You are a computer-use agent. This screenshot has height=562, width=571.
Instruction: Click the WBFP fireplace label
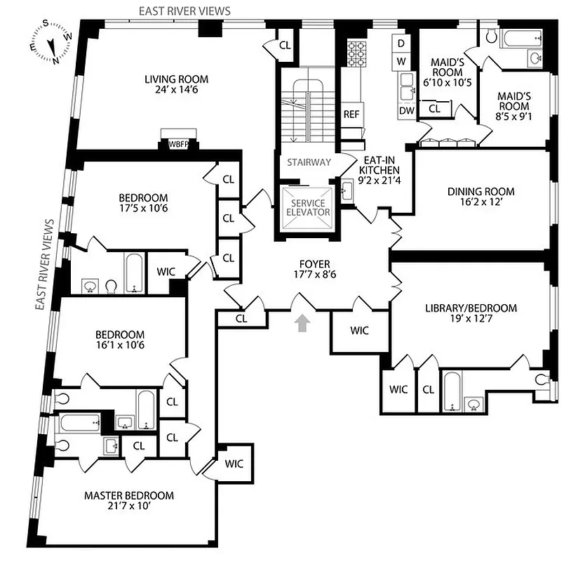180,144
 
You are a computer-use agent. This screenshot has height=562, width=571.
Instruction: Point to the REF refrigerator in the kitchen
351,114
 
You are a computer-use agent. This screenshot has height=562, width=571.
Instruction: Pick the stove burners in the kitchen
356,51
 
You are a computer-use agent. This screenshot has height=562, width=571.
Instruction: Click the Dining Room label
481,191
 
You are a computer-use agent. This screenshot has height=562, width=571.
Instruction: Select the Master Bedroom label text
128,495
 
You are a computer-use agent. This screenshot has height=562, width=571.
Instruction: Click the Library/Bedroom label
471,308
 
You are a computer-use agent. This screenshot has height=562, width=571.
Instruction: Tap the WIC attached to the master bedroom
234,463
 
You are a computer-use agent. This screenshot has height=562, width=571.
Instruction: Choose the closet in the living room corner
284,45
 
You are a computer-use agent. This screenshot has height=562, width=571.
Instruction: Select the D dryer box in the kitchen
402,42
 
